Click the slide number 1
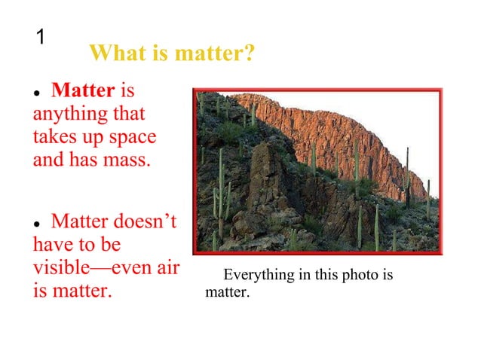42,37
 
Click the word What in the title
115,54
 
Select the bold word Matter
82,92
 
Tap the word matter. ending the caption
227,291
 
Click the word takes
54,138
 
